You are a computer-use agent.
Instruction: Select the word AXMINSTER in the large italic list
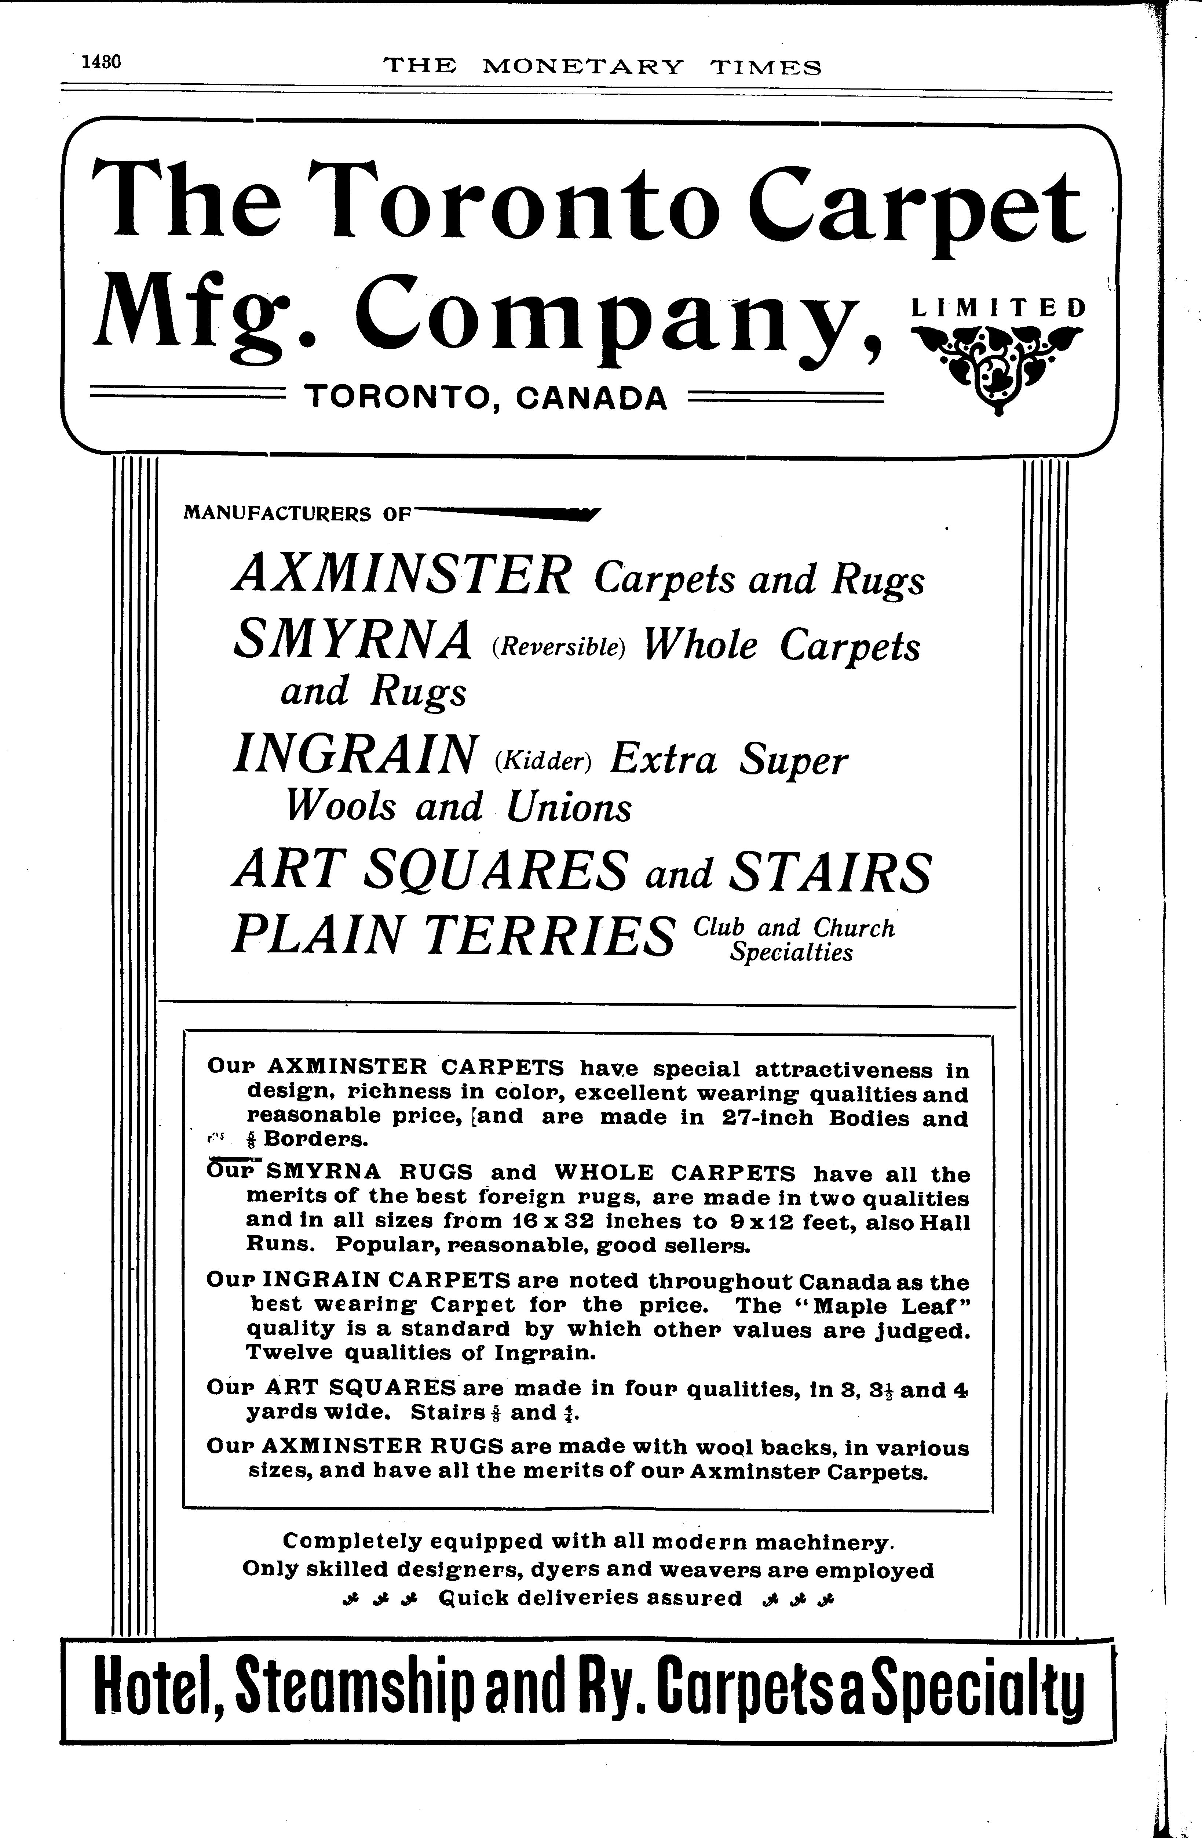point(402,575)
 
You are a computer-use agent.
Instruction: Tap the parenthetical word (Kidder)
point(542,762)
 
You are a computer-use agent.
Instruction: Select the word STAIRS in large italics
point(829,872)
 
